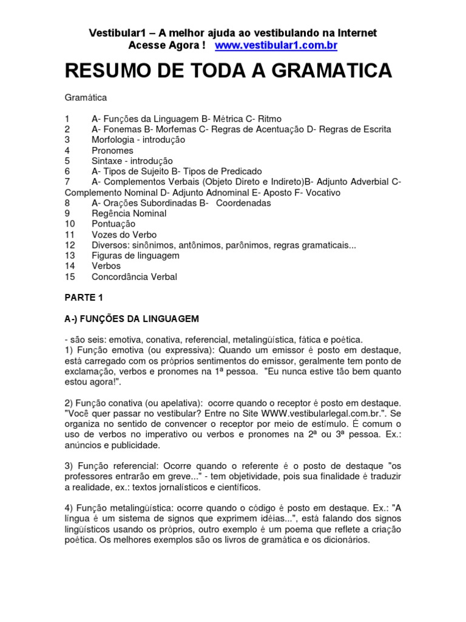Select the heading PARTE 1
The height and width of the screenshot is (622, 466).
tap(81, 298)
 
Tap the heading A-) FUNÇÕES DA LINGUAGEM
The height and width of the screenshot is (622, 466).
tap(132, 319)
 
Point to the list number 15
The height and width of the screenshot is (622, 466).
tap(69, 277)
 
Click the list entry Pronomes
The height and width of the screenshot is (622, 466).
tap(112, 150)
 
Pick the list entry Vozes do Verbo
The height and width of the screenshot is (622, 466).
tap(124, 234)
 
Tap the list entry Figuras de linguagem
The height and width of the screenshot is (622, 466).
tap(135, 256)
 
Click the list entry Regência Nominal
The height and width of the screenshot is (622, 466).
tap(129, 214)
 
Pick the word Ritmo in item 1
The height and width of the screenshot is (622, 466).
tap(269, 118)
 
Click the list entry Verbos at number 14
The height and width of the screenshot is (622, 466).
tap(106, 266)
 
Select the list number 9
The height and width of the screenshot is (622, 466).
tap(67, 214)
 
